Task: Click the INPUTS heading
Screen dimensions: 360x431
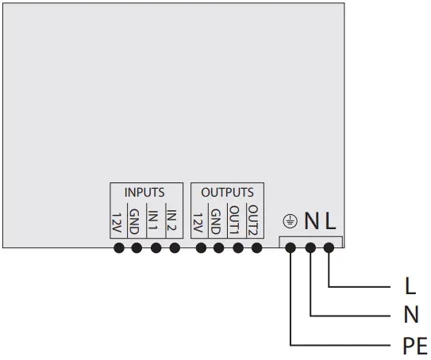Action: pyautogui.click(x=144, y=193)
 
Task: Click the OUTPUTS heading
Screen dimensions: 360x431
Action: pyautogui.click(x=227, y=193)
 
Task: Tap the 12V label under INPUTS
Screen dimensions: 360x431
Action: pyautogui.click(x=117, y=222)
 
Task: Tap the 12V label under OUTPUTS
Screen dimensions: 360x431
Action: pyautogui.click(x=199, y=222)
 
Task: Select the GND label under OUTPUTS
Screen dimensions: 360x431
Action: pyautogui.click(x=218, y=222)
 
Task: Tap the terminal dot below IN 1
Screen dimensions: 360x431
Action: pyautogui.click(x=156, y=248)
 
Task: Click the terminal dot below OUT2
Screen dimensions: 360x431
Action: pyautogui.click(x=256, y=248)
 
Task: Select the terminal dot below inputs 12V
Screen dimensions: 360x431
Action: pyautogui.click(x=117, y=248)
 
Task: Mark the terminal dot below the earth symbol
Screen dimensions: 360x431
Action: pyautogui.click(x=291, y=248)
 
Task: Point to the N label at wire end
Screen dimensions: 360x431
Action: pyautogui.click(x=410, y=315)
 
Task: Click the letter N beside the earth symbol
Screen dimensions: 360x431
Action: pyautogui.click(x=311, y=220)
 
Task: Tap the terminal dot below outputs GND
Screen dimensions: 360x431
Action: pyautogui.click(x=218, y=248)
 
